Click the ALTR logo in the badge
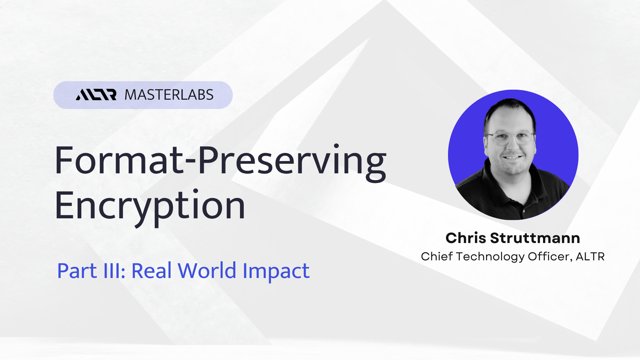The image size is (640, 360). coord(96,95)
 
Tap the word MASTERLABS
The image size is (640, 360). coord(169,95)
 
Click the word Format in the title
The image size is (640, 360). coord(119,160)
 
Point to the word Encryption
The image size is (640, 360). coord(150,207)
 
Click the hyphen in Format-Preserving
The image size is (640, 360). coord(191,163)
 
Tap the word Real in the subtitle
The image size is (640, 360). coord(152,270)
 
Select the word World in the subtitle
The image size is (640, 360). coord(207,270)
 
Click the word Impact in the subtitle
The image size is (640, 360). coord(276,271)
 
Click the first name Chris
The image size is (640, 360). coord(466,238)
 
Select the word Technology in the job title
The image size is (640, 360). coord(490,257)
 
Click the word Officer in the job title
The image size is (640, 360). coord(550,257)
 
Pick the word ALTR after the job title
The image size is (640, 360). coord(590,257)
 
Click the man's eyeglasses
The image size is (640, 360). coord(511,138)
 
